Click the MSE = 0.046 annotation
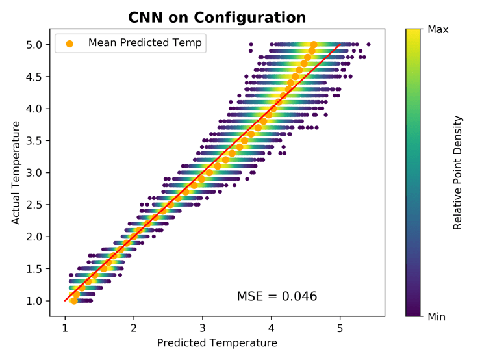click(x=277, y=296)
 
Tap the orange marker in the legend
click(x=69, y=44)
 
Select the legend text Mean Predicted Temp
click(x=145, y=44)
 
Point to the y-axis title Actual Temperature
click(x=15, y=173)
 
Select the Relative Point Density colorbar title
click(x=458, y=173)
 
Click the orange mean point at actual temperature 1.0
click(x=74, y=300)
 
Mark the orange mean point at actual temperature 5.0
click(x=314, y=44)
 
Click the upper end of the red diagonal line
click(x=340, y=45)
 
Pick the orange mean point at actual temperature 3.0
click(x=209, y=172)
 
